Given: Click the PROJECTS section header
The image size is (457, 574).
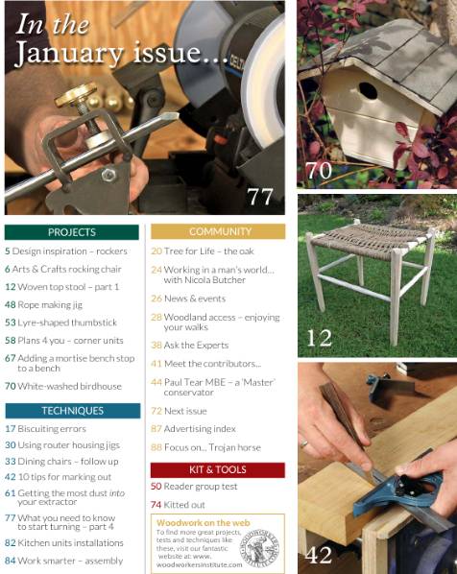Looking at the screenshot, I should (x=72, y=232).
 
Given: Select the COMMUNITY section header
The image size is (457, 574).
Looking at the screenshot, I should (x=218, y=232).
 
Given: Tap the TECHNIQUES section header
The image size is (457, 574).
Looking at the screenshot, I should (x=72, y=411).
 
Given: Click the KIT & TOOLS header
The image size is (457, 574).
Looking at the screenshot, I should (x=218, y=470).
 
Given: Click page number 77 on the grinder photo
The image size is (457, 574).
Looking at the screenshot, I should (x=260, y=197).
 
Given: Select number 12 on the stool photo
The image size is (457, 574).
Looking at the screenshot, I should (x=320, y=337).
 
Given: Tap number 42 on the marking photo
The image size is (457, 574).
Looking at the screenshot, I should (x=320, y=555).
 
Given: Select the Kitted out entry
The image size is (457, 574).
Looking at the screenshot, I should (x=186, y=504).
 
